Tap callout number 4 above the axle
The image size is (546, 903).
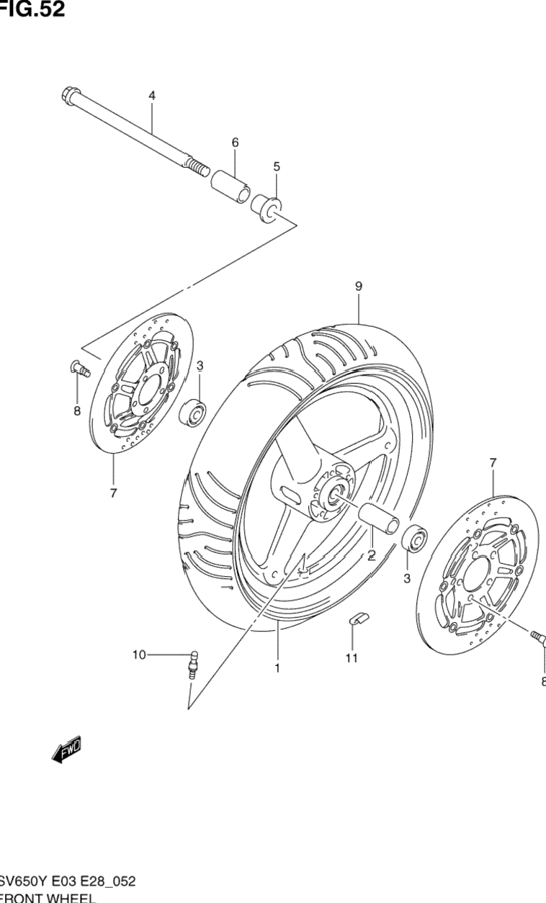click(x=152, y=95)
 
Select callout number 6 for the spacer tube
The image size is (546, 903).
click(x=235, y=143)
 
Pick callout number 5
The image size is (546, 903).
click(x=277, y=166)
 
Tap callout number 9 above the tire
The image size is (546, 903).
click(x=358, y=286)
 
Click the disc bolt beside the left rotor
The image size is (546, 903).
click(x=79, y=369)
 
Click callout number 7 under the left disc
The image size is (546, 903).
click(x=114, y=494)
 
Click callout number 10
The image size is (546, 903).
click(x=138, y=655)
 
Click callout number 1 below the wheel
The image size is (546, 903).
click(x=277, y=668)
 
